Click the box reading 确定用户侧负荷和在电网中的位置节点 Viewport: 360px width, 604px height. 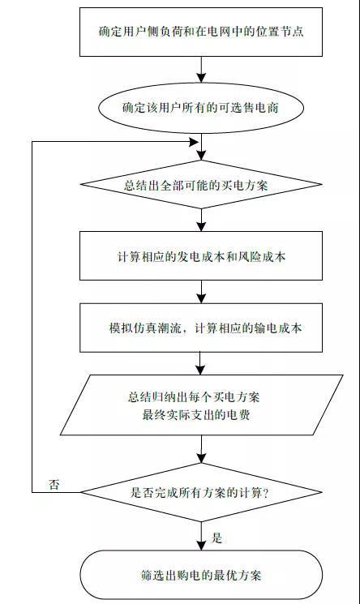pyautogui.click(x=201, y=32)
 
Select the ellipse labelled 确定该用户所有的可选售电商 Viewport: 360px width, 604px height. pyautogui.click(x=201, y=108)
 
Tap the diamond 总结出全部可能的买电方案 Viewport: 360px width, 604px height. pyautogui.click(x=201, y=185)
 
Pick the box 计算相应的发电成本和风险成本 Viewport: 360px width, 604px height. pyautogui.click(x=201, y=255)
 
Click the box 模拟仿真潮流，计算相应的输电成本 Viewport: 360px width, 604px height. pyautogui.click(x=201, y=328)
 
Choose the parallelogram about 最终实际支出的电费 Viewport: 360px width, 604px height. pyautogui.click(x=202, y=405)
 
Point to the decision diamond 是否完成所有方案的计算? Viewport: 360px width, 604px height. pyautogui.click(x=201, y=492)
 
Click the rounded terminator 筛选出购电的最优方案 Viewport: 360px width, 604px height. pyautogui.click(x=201, y=575)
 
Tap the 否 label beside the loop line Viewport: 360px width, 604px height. pyautogui.click(x=54, y=484)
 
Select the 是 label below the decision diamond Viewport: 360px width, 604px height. pyautogui.click(x=217, y=538)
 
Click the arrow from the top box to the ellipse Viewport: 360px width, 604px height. pyautogui.click(x=201, y=70)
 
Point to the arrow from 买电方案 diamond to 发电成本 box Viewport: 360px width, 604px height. pyautogui.click(x=201, y=220)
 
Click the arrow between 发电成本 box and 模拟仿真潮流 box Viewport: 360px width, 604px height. pyautogui.click(x=201, y=292)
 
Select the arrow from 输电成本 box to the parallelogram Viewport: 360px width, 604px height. pyautogui.click(x=201, y=363)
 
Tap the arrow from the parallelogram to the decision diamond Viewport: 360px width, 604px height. pyautogui.click(x=201, y=449)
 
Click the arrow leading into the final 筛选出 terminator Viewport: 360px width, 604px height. pyautogui.click(x=201, y=536)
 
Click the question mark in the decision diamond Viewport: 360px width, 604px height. pyautogui.click(x=265, y=493)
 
